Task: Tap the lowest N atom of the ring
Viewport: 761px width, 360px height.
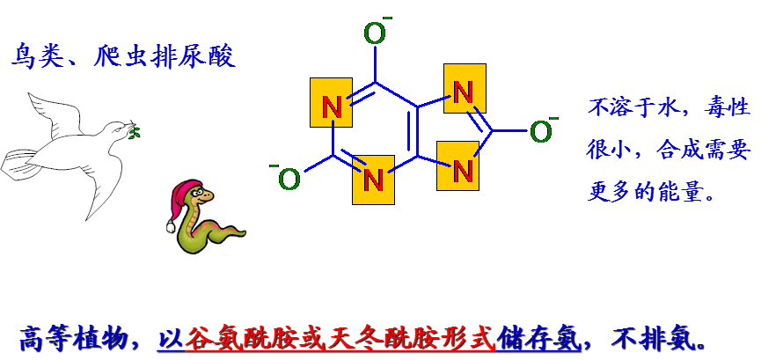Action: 373,180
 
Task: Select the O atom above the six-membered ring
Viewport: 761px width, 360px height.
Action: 375,33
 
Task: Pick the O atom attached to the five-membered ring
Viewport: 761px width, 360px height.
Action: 540,132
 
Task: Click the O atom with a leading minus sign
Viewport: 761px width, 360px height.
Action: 289,180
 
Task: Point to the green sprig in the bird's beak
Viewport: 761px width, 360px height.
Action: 135,133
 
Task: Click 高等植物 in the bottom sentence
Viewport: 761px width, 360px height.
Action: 67,337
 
